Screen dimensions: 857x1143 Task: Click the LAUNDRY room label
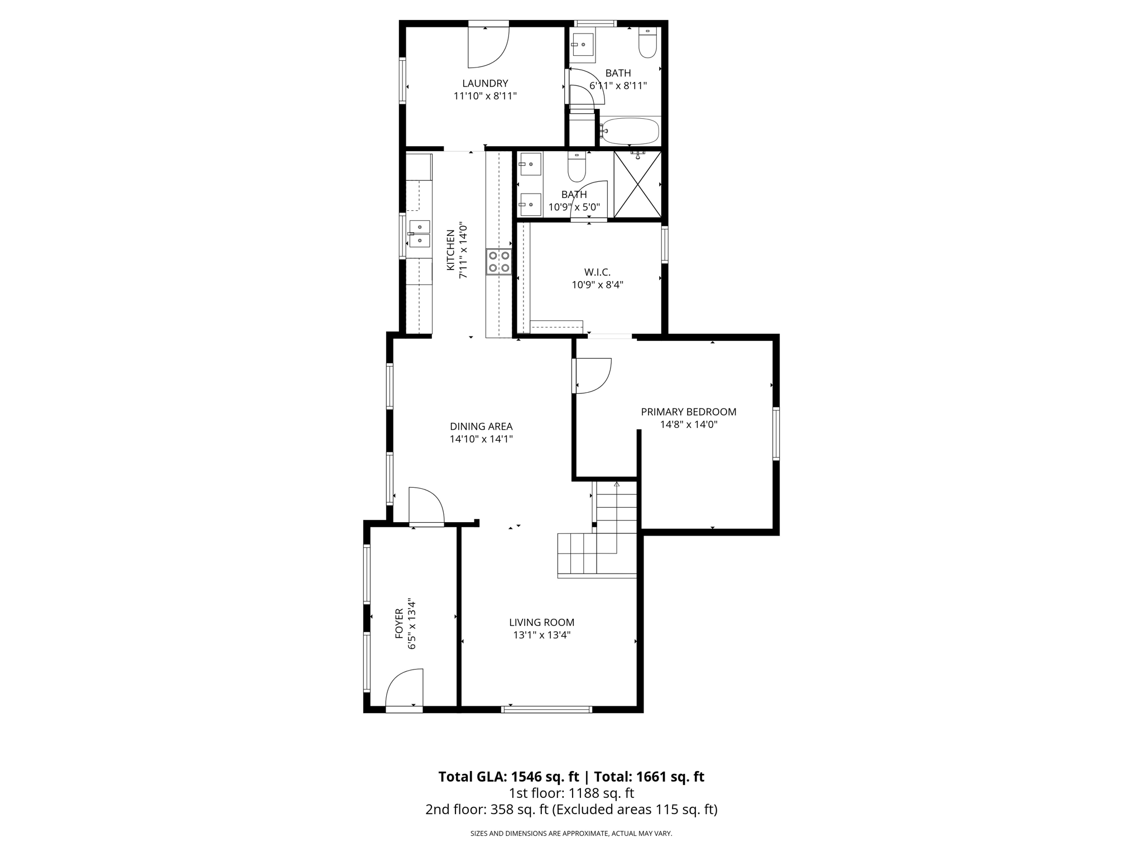(484, 84)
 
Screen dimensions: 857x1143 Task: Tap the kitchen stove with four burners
(499, 262)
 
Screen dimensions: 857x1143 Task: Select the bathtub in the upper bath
(630, 132)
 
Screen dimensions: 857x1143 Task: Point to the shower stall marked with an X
(637, 184)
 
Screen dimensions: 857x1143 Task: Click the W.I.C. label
(597, 272)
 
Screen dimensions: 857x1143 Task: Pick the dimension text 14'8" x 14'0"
(688, 425)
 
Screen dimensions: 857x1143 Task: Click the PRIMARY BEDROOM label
(688, 412)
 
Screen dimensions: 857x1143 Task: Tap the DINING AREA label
(481, 426)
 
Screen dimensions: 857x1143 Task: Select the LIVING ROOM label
(541, 622)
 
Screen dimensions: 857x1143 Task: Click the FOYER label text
(399, 623)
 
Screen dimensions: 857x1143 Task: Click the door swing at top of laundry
(487, 47)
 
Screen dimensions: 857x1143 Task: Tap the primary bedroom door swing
(593, 376)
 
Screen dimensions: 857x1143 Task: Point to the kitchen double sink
(419, 234)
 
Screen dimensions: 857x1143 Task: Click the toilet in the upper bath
(647, 43)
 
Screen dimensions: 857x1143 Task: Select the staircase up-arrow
(616, 484)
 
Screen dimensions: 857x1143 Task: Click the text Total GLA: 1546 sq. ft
(510, 777)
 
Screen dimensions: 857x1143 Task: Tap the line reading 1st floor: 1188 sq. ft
(571, 793)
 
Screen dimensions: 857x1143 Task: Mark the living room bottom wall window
(546, 710)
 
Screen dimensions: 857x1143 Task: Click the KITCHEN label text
(450, 251)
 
